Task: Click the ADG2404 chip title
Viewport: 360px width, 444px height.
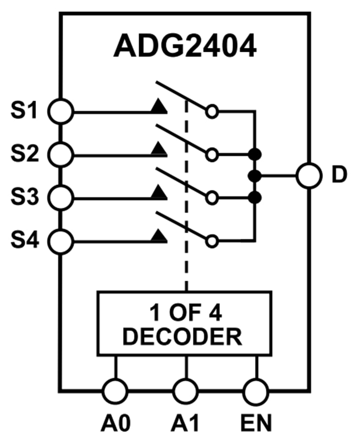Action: pos(185,47)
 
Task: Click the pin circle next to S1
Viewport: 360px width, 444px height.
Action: pos(60,111)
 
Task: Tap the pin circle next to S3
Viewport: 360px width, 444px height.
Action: pos(60,198)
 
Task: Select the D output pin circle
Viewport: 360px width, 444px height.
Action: pos(309,176)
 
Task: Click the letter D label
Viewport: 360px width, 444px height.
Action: pos(339,176)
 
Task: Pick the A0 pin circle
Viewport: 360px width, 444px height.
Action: pos(115,392)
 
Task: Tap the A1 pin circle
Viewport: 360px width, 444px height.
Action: pos(186,392)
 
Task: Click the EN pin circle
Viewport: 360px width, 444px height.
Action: pos(256,392)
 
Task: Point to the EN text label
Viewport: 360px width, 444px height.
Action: pos(256,423)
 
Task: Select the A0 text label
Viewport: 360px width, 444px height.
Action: pos(115,423)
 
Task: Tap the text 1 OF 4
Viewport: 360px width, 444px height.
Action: pos(183,313)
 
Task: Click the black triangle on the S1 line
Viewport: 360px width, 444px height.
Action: pos(159,106)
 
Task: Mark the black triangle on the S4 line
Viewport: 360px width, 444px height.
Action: pos(159,235)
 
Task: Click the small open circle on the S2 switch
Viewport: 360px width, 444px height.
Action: pos(212,155)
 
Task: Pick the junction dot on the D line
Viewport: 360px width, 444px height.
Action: pos(254,176)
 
